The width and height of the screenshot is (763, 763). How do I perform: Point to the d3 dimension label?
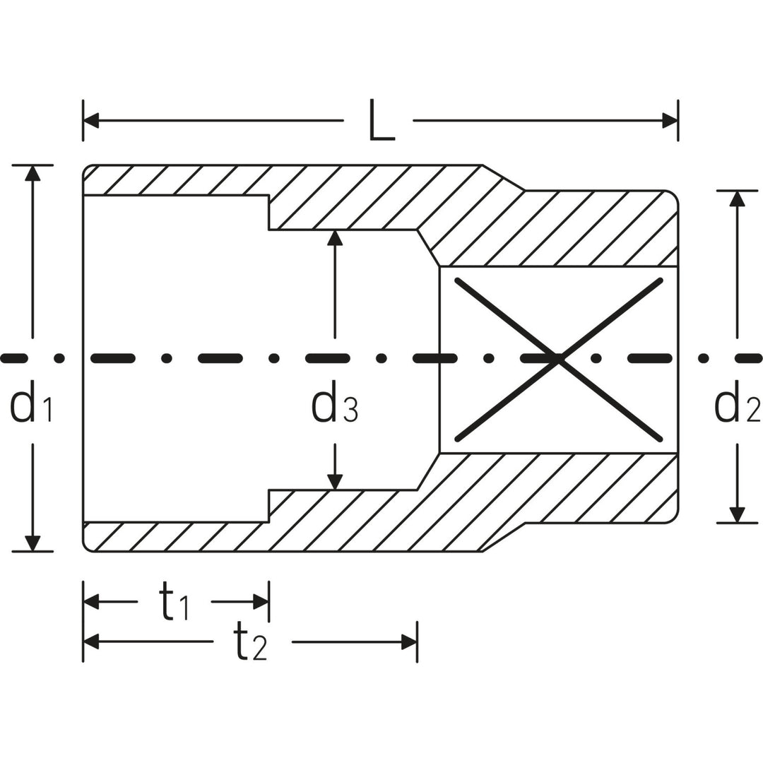click(335, 407)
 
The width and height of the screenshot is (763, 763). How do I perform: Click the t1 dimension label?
click(174, 603)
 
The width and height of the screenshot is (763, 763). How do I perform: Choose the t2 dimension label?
click(251, 642)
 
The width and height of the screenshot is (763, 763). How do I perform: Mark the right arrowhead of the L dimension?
click(670, 121)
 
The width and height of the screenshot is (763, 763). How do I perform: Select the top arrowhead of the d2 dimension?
click(738, 199)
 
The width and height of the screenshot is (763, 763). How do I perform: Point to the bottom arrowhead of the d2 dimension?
click(738, 515)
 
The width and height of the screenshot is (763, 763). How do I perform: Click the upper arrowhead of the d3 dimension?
click(335, 238)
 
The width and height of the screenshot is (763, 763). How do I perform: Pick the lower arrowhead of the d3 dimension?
click(335, 481)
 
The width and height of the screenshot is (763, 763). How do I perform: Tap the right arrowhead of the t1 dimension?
click(261, 602)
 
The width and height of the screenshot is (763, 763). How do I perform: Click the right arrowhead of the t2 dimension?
click(409, 641)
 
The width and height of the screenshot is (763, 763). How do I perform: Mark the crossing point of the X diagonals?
click(559, 359)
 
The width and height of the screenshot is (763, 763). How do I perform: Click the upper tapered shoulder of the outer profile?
click(504, 177)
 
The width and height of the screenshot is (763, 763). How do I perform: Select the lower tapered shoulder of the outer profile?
click(504, 538)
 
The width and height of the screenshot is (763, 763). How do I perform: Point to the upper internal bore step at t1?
click(268, 213)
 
